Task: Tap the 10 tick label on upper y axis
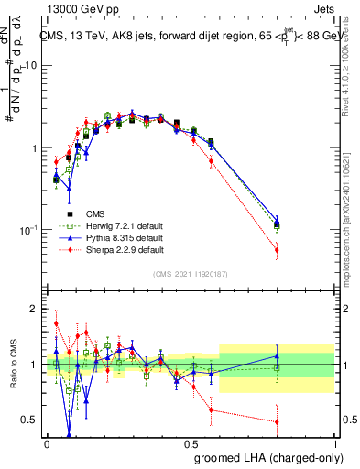[31, 66]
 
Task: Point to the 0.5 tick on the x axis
[191, 444]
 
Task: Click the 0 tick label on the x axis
[47, 444]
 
